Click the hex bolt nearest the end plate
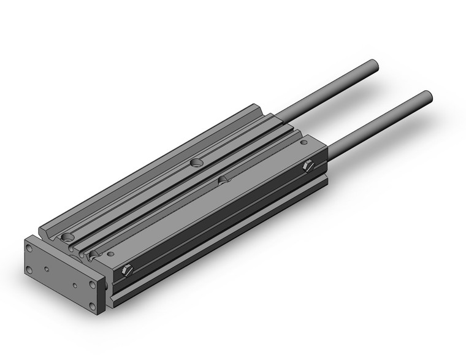(x=127, y=269)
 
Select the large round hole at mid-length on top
(x=196, y=163)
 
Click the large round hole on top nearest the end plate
(x=66, y=237)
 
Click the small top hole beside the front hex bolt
(x=110, y=253)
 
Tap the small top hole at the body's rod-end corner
(x=302, y=142)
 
